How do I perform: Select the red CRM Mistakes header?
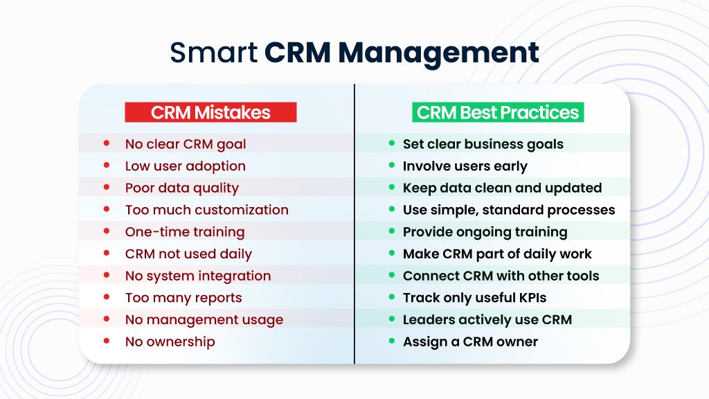(x=210, y=112)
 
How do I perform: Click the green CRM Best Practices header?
(x=498, y=112)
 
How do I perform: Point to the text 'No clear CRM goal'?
(x=185, y=144)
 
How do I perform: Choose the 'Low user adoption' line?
(x=185, y=166)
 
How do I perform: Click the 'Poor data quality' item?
(x=181, y=188)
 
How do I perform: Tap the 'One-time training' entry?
(x=184, y=232)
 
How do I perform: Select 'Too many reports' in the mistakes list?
(x=183, y=298)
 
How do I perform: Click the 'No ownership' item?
(x=170, y=342)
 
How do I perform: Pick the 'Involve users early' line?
(x=465, y=166)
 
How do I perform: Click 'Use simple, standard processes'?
(x=508, y=210)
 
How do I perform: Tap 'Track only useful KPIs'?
(x=474, y=298)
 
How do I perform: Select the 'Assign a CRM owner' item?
(x=470, y=342)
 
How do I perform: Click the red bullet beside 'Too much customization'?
(x=107, y=209)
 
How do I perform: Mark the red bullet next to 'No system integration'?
(x=107, y=275)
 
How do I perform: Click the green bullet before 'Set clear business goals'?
(x=391, y=143)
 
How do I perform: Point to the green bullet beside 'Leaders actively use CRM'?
(x=391, y=319)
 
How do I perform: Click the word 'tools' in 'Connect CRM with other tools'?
(x=583, y=276)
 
